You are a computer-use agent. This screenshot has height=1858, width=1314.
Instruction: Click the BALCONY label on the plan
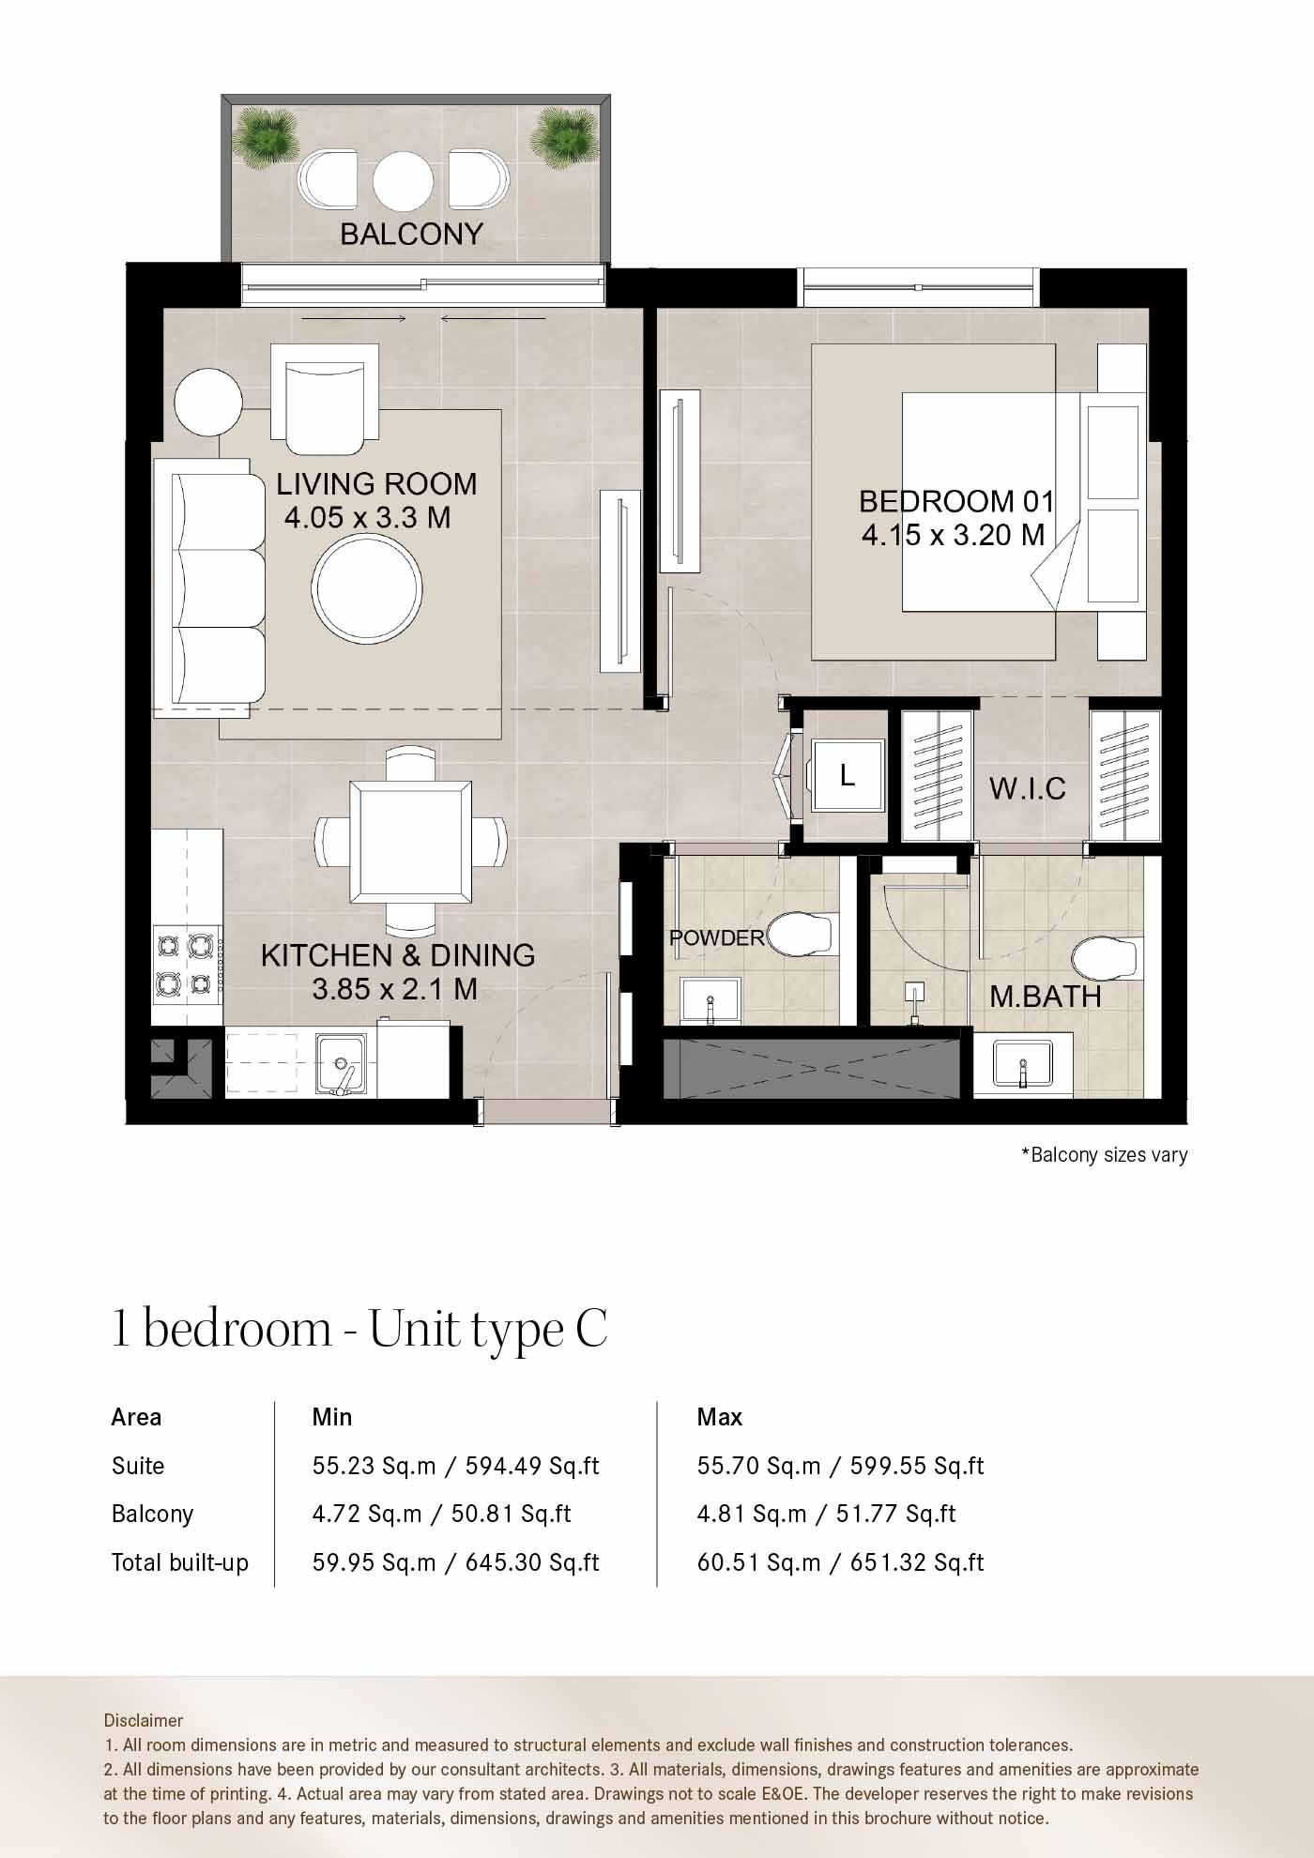click(x=411, y=234)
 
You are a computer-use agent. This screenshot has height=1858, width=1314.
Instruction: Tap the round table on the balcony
click(x=403, y=181)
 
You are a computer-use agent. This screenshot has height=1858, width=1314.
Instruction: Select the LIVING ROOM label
click(x=376, y=483)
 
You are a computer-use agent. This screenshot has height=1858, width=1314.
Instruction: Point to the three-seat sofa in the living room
click(x=208, y=588)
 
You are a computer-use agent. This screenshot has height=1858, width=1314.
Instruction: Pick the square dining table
click(x=411, y=843)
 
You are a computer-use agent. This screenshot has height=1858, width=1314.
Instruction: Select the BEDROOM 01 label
click(x=956, y=501)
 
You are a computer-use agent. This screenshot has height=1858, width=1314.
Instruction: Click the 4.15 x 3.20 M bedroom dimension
click(x=953, y=535)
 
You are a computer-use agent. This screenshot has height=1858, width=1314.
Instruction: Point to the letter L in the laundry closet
click(x=848, y=775)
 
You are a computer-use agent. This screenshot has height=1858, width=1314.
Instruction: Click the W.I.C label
click(x=1027, y=788)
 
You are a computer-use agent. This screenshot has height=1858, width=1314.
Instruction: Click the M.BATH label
click(x=1046, y=997)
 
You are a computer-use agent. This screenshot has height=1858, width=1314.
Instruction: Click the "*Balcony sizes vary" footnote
click(x=1105, y=1155)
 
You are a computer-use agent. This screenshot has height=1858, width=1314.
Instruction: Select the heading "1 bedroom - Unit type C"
click(x=359, y=1330)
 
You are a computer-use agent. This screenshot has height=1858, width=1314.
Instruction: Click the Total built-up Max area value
click(x=840, y=1562)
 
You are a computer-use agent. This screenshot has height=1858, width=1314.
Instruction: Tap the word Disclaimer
click(x=144, y=1720)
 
